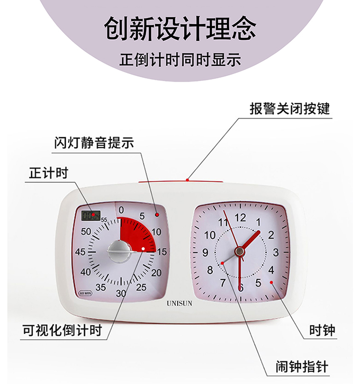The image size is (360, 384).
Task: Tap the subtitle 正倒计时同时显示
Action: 180,61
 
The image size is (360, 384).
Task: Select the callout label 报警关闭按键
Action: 289,108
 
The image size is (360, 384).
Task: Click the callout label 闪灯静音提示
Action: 94,143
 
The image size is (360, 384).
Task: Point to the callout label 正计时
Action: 48,173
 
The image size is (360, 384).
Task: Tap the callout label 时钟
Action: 323,330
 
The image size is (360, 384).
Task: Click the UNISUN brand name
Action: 180,303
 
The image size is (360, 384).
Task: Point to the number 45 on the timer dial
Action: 80,252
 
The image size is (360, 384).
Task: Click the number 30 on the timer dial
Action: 121,293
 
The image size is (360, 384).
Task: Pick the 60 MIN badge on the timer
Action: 85,293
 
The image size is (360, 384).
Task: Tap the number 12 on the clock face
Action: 240,217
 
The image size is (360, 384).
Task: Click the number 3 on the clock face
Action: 276,252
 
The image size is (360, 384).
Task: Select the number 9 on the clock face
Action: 205,252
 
